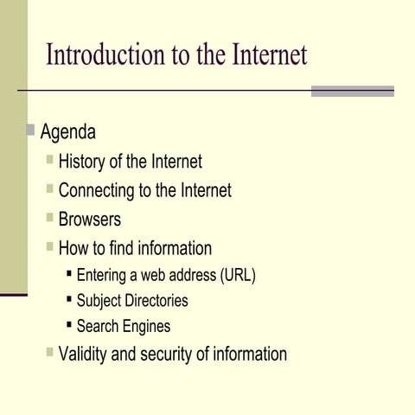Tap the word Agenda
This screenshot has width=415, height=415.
[67, 132]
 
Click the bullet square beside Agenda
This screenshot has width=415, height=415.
[30, 131]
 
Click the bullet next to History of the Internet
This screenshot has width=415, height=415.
[50, 160]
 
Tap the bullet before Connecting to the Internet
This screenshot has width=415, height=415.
[50, 188]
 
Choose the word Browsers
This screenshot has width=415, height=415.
[90, 219]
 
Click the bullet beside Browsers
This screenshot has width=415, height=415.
[50, 217]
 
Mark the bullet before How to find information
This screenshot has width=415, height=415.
[50, 246]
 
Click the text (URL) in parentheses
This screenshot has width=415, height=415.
[238, 276]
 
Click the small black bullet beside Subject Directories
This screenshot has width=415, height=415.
[69, 299]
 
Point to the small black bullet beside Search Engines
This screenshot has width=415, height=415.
[69, 325]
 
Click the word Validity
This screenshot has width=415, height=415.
[85, 354]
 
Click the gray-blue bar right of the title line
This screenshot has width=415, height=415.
[352, 91]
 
